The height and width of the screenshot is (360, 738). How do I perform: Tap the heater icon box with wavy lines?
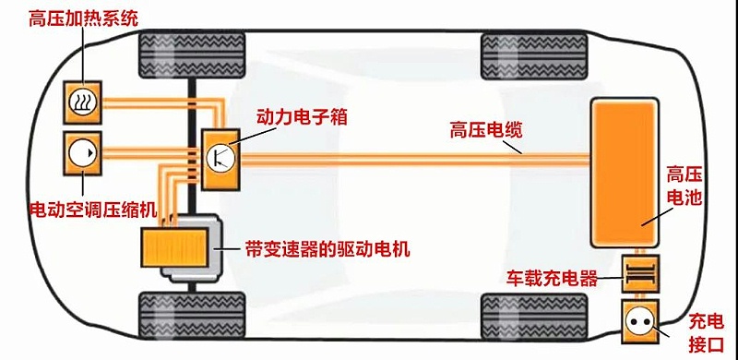point(81,101)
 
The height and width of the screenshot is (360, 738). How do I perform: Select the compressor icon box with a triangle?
point(81,152)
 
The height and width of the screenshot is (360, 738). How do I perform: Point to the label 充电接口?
point(708,330)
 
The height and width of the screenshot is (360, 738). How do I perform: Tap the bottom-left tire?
point(191,315)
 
